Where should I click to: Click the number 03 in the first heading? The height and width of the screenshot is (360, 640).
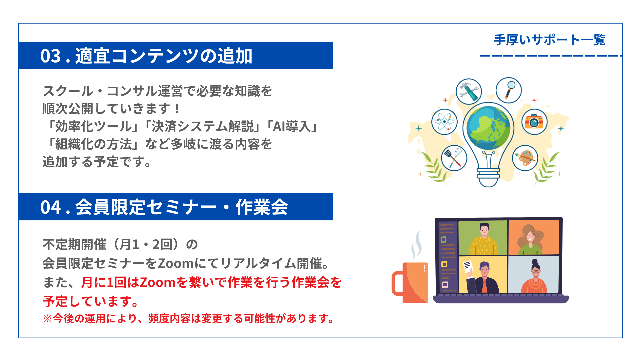click(x=51, y=56)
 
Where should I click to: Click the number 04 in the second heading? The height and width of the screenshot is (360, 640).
click(x=51, y=207)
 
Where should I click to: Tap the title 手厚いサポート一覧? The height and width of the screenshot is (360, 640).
click(x=550, y=40)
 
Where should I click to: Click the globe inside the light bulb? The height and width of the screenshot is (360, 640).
click(x=488, y=128)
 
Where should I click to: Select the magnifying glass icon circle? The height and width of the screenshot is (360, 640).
click(x=509, y=90)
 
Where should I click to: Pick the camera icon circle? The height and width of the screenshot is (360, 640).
click(x=534, y=122)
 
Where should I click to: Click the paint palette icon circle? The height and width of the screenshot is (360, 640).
click(x=525, y=158)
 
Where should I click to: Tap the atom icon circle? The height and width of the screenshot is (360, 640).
click(x=444, y=122)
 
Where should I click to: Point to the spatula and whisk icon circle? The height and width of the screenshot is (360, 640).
click(x=454, y=158)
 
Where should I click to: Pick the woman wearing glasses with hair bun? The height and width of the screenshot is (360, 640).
click(x=534, y=277)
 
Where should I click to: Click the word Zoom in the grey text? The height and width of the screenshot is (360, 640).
click(x=176, y=264)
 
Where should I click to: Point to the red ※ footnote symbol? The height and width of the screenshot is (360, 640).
click(x=48, y=319)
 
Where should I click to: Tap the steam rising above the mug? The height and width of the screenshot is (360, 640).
click(x=416, y=245)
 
